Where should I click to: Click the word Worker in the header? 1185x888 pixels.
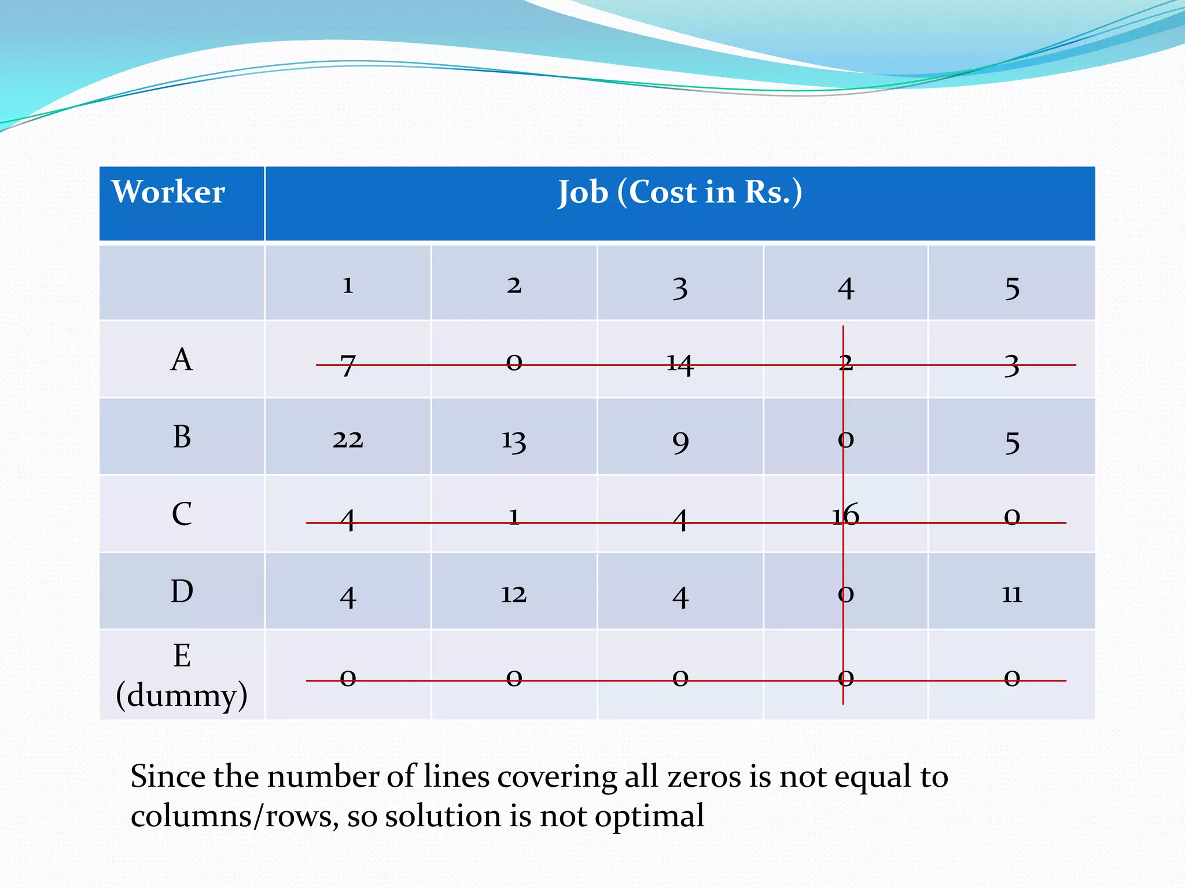(168, 192)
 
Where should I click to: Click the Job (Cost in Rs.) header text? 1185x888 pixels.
(680, 193)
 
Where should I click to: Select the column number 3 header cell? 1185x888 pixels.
(680, 288)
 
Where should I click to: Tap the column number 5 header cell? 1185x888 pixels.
(1011, 288)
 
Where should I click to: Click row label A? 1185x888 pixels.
(182, 360)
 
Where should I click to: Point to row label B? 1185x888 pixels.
(182, 437)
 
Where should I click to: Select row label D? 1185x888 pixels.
(182, 591)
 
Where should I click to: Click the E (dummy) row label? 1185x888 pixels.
(182, 675)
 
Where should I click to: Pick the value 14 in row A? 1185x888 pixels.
(680, 364)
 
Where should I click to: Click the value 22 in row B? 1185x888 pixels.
(347, 441)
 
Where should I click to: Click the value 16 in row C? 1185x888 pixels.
(846, 515)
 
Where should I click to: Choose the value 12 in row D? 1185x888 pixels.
(514, 594)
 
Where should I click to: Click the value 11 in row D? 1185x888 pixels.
(1011, 594)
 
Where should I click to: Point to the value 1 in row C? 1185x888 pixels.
(514, 516)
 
